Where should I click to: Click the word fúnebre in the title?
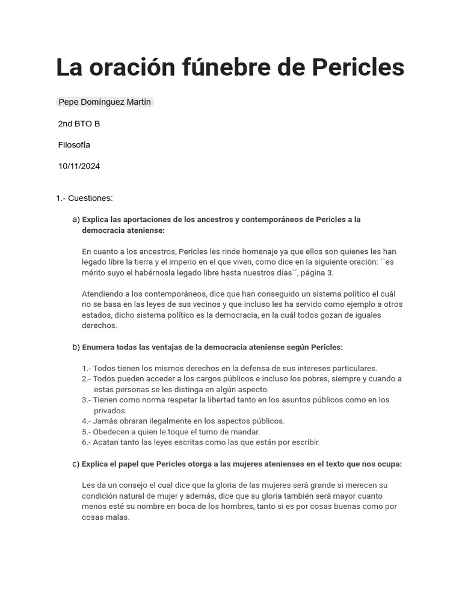[x=221, y=68]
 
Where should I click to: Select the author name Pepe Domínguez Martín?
[x=105, y=102]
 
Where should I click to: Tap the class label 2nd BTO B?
[x=79, y=124]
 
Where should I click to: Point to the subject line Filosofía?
[x=74, y=145]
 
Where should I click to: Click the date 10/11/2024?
[x=79, y=167]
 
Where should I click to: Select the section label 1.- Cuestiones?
[x=84, y=198]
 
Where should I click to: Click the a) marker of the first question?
[x=76, y=220]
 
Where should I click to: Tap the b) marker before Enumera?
[x=76, y=347]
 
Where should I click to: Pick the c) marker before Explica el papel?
[x=76, y=464]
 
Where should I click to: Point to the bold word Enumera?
[x=100, y=347]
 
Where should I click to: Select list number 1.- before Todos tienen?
[x=86, y=368]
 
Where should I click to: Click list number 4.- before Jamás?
[x=86, y=421]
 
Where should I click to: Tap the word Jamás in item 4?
[x=105, y=421]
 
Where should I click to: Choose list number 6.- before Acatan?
[x=86, y=442]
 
